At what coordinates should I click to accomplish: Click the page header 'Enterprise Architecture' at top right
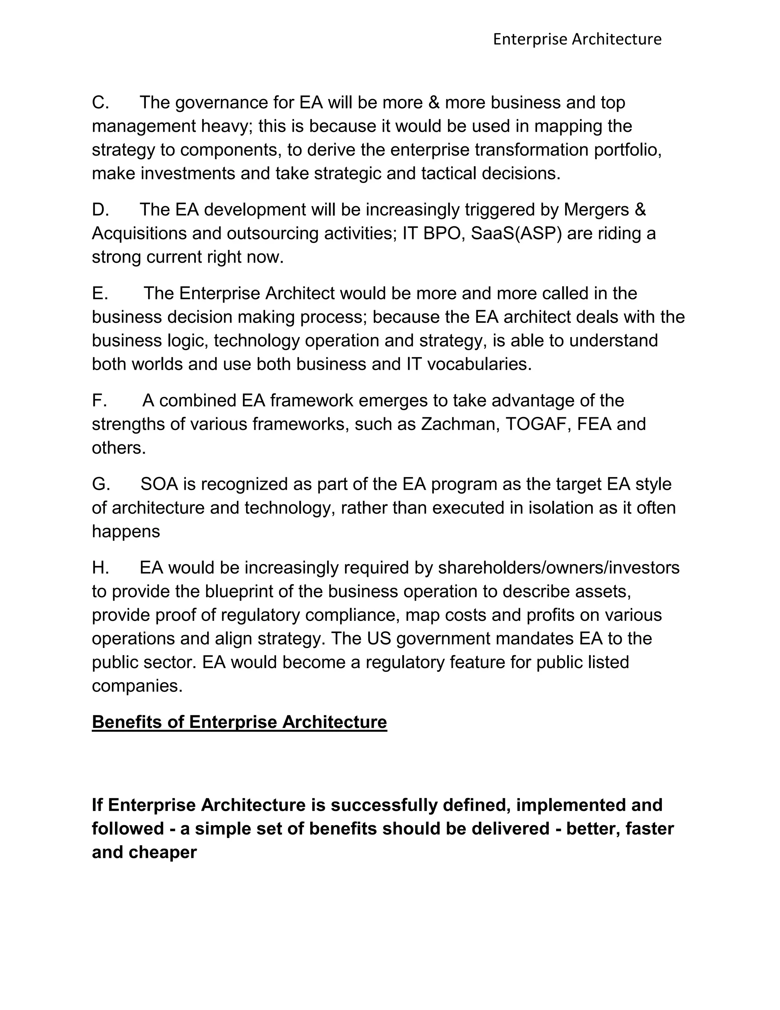tap(577, 39)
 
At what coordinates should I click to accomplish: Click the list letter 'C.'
tap(100, 103)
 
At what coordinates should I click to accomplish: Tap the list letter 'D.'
tap(100, 210)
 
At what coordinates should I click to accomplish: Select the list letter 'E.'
tap(100, 293)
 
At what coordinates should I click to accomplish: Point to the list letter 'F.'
tap(99, 401)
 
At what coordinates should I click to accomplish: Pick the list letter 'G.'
tap(101, 484)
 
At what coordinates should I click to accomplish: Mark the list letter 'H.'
tap(100, 568)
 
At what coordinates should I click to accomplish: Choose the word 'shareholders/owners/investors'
tap(558, 568)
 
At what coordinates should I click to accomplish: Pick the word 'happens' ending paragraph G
tap(126, 532)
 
